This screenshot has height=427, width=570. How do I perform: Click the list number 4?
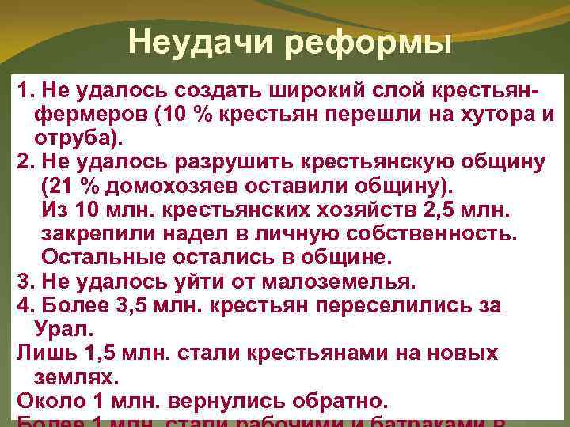22,305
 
